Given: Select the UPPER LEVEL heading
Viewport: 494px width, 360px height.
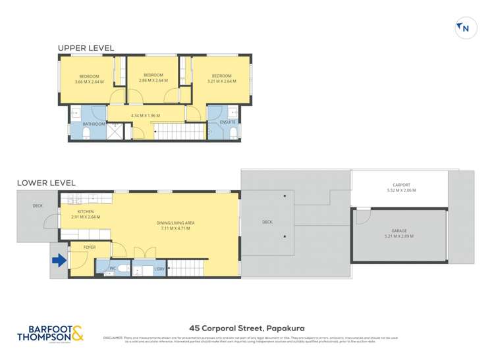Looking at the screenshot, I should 86,48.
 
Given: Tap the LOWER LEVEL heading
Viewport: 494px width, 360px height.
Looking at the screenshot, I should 46,182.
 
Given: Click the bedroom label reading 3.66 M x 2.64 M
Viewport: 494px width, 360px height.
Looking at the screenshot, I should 89,78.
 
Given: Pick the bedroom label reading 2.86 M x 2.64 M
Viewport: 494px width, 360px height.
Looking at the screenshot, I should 153,78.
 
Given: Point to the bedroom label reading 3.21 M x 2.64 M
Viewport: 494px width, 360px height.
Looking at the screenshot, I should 221,78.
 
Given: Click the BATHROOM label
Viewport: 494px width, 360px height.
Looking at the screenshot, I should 94,124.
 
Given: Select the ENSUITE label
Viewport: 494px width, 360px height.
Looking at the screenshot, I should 219,124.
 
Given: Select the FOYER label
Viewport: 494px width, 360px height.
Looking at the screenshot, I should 90,247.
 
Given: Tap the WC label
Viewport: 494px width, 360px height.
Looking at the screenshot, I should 111,268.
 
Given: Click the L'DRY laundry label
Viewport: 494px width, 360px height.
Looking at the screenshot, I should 158,269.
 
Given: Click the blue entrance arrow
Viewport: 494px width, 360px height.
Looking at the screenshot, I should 59,261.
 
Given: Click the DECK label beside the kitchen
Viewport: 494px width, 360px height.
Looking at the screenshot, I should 38,206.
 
